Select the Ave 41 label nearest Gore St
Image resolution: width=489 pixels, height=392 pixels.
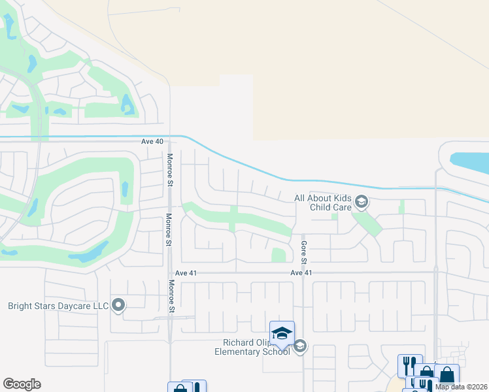301,272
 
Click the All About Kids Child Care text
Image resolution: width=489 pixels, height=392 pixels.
323,203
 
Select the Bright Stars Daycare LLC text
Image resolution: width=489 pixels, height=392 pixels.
58,305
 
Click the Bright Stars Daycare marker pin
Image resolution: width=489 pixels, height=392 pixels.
118,305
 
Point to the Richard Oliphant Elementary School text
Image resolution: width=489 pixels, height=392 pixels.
252,347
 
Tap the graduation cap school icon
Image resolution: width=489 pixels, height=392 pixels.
282,333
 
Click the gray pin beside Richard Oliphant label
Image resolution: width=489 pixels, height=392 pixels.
300,346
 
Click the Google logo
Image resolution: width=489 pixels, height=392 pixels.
22,384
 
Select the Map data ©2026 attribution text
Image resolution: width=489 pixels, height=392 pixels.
462,387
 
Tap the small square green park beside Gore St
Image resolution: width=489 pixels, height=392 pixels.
278,255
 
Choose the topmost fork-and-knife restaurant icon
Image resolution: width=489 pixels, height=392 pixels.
410,365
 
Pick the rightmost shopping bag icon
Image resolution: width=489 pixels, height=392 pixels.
447,376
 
